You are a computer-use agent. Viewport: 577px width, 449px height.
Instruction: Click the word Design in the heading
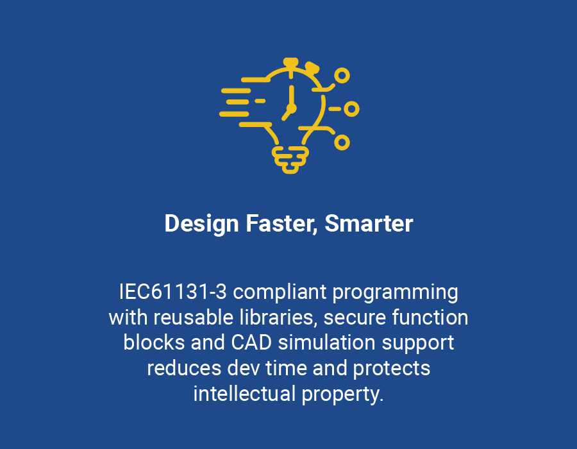(x=202, y=224)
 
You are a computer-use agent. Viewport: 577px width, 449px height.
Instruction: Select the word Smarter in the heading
(x=369, y=223)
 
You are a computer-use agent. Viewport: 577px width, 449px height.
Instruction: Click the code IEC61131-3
(x=173, y=292)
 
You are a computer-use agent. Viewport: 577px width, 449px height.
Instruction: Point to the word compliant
(x=280, y=292)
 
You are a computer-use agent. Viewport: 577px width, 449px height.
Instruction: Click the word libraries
(x=279, y=318)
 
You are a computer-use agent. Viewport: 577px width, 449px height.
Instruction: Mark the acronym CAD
(x=251, y=343)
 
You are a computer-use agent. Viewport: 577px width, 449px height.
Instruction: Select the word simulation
(x=327, y=343)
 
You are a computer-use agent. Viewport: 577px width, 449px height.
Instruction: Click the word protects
(x=392, y=368)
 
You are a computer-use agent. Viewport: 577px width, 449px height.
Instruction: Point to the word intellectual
(x=245, y=393)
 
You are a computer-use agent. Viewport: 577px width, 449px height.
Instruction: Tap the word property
(x=342, y=394)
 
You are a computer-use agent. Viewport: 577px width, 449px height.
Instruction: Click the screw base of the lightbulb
(x=290, y=160)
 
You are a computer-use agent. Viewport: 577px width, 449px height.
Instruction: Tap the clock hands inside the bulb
(x=290, y=104)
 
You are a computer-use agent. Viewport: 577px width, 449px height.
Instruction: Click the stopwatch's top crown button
(x=290, y=63)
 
